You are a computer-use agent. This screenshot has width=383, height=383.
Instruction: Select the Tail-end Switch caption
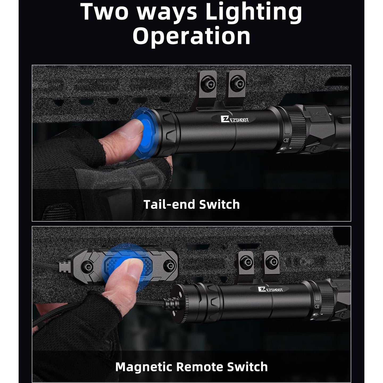191,204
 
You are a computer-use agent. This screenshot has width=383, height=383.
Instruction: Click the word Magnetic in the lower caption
144,367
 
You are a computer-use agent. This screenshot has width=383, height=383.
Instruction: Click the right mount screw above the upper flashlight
236,83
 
